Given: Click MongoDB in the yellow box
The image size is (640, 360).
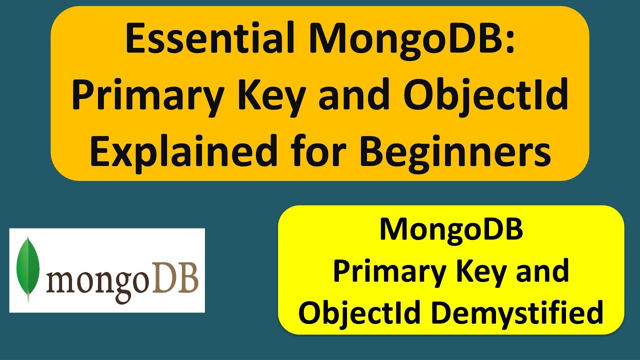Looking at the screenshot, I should (451, 230).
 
